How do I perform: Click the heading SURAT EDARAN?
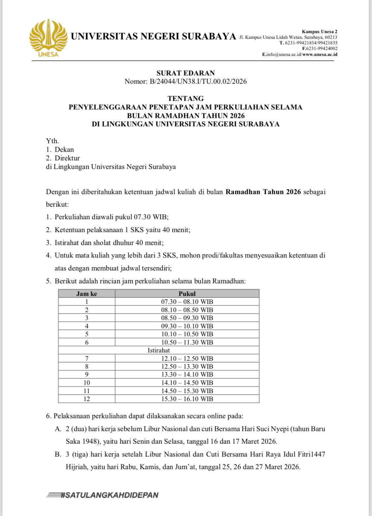[186, 73]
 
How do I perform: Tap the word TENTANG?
[186, 99]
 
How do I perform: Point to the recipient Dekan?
[64, 149]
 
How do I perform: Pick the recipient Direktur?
[67, 158]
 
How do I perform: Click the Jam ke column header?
[87, 294]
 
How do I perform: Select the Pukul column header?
[187, 294]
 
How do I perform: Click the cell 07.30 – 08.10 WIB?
[187, 302]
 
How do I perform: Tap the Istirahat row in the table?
[159, 350]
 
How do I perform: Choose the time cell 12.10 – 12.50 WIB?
[187, 358]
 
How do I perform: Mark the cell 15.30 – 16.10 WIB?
[187, 399]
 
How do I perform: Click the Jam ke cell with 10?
[87, 383]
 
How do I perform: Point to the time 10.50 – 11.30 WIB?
[187, 342]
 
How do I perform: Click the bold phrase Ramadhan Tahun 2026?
[263, 192]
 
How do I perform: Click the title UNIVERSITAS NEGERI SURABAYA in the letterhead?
[153, 36]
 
